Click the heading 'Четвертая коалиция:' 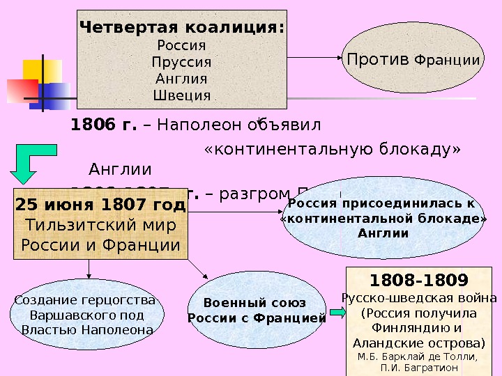pos(182,29)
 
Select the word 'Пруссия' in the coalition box pos(182,62)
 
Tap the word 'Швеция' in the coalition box pos(182,95)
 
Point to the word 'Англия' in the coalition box pos(182,79)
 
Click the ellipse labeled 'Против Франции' pos(413,60)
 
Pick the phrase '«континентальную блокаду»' pos(333,150)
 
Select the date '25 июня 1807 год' pos(100,205)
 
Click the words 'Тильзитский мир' pos(100,226)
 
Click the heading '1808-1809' pos(418,281)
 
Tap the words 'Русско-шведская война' pos(419,299)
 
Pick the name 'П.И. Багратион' pos(419,368)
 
